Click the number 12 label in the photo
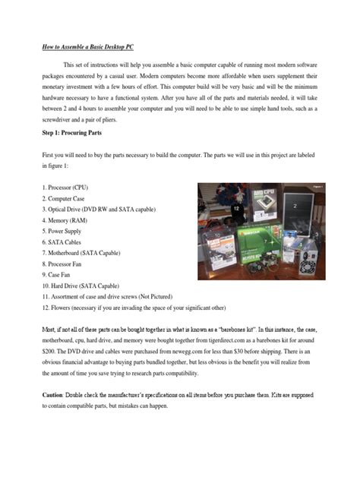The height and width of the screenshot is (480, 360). [x=236, y=207]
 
